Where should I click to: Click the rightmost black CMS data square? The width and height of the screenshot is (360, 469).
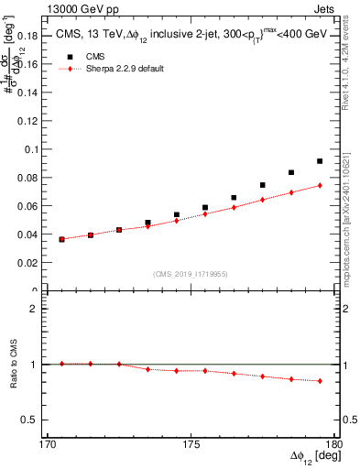tap(320, 161)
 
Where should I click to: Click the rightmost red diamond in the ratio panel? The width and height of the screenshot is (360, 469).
tap(320, 381)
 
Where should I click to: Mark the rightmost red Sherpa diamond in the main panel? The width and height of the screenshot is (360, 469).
tap(320, 186)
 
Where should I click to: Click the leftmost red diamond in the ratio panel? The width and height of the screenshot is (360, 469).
tap(61, 364)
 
